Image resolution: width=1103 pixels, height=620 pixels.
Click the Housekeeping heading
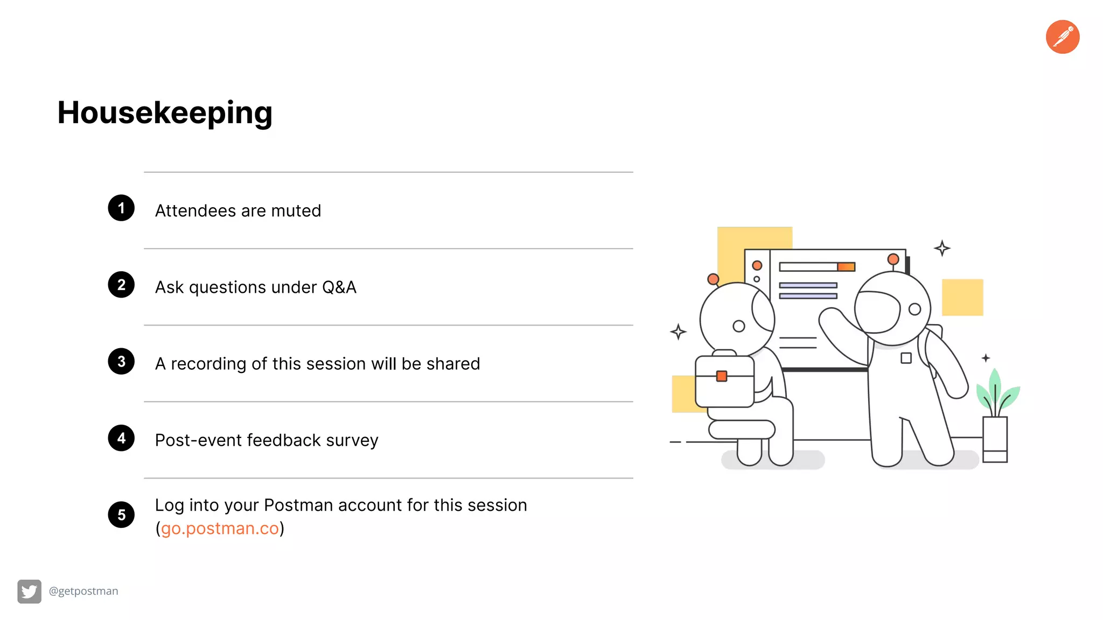pyautogui.click(x=165, y=113)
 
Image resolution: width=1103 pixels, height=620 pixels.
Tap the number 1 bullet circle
pyautogui.click(x=121, y=208)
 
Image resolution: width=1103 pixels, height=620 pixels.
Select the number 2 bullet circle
pyautogui.click(x=121, y=285)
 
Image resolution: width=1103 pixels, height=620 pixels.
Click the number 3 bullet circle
pyautogui.click(x=121, y=362)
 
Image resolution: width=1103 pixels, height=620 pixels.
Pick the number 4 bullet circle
pyautogui.click(x=121, y=438)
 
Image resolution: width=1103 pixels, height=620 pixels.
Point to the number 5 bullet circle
pyautogui.click(x=121, y=515)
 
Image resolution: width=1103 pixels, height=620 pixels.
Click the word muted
pyautogui.click(x=296, y=210)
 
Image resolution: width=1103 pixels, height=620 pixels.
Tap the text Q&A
pyautogui.click(x=339, y=287)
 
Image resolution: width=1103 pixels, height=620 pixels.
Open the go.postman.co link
pyautogui.click(x=220, y=529)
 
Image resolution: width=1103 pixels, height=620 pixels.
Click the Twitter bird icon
pyautogui.click(x=29, y=591)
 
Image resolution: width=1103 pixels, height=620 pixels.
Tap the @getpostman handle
pyautogui.click(x=83, y=591)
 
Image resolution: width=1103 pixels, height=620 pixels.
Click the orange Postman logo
pyautogui.click(x=1062, y=37)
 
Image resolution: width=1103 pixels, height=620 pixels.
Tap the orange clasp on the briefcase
pyautogui.click(x=722, y=376)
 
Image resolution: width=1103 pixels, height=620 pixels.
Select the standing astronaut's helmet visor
pyautogui.click(x=877, y=312)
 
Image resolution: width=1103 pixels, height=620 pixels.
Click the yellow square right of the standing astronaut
pyautogui.click(x=962, y=297)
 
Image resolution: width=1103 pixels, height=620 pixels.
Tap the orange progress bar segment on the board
pyautogui.click(x=846, y=267)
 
